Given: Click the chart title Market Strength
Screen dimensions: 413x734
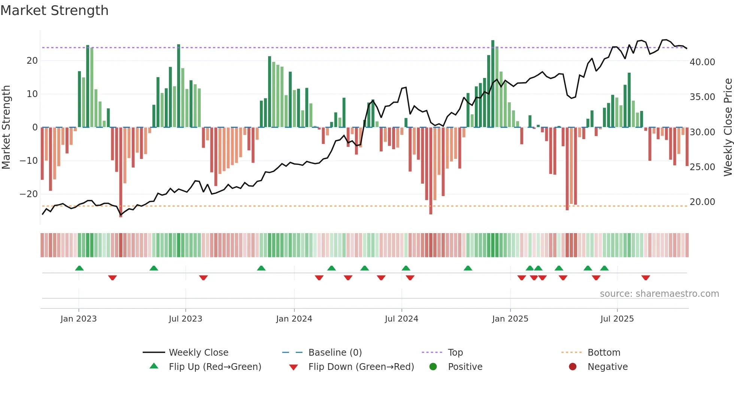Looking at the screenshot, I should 54,10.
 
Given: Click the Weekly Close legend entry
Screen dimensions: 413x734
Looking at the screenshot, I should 198,352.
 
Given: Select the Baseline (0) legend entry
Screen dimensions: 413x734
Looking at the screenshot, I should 335,352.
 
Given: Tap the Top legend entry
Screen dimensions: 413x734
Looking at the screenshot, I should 455,352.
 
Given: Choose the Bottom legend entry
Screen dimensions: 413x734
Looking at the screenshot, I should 604,352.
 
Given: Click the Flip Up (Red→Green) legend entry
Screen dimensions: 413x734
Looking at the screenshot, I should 215,367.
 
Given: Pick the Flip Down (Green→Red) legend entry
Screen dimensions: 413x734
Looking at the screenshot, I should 361,367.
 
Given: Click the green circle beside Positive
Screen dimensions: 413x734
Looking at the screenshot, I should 433,367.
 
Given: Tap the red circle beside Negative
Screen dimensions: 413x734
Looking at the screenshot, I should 573,367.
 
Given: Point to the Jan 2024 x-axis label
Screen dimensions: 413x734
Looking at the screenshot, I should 294,319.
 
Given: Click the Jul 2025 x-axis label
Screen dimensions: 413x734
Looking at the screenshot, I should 617,319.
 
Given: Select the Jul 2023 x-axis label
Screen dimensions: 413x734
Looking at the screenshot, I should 185,319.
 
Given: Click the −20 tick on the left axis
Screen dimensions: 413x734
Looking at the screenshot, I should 29,194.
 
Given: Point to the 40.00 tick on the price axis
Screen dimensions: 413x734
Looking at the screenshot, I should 702,62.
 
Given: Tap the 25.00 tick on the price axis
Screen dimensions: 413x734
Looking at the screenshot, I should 702,167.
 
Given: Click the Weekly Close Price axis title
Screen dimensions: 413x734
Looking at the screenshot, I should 728,127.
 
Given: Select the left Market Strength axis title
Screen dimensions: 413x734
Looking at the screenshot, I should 6,127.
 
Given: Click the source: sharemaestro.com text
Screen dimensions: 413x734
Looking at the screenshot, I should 659,294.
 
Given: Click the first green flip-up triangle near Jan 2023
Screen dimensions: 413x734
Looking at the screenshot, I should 79,268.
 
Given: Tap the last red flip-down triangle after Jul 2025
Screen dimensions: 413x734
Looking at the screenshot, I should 645,278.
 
